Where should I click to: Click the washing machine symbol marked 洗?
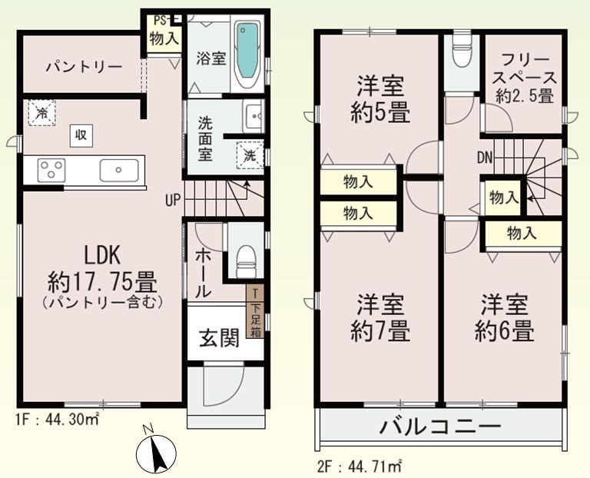pyautogui.click(x=248, y=153)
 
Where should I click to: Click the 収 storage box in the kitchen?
pyautogui.click(x=80, y=135)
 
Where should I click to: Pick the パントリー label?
pyautogui.click(x=82, y=68)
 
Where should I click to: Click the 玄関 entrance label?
pyautogui.click(x=220, y=337)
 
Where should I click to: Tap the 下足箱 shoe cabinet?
pyautogui.click(x=255, y=311)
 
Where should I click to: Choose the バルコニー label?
pyautogui.click(x=439, y=425)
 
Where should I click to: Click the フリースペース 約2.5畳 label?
pyautogui.click(x=525, y=78)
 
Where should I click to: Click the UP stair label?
pyautogui.click(x=172, y=201)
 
